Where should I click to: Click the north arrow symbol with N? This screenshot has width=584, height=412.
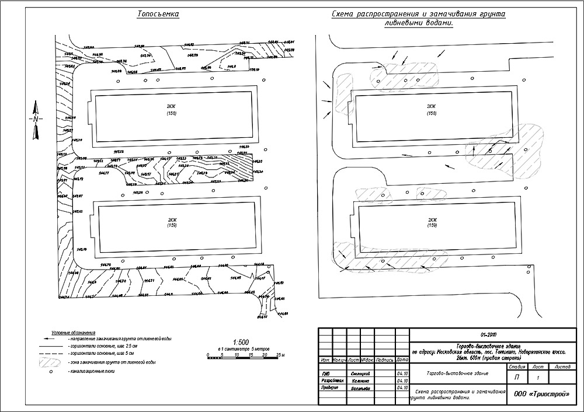35,120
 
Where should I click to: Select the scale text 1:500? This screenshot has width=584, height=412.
241,342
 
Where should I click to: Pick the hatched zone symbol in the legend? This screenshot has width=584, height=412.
51,362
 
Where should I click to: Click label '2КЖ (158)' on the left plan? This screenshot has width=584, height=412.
171,109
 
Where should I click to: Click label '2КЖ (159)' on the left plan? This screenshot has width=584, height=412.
172,222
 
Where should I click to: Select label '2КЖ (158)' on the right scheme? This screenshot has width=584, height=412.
431,109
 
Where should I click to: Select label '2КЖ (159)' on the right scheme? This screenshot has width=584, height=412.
432,222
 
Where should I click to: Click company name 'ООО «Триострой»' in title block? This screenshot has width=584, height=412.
541,394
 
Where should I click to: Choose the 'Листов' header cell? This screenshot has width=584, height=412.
563,367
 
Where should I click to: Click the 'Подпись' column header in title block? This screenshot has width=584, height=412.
385,360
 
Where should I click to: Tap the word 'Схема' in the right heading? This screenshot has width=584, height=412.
345,13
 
